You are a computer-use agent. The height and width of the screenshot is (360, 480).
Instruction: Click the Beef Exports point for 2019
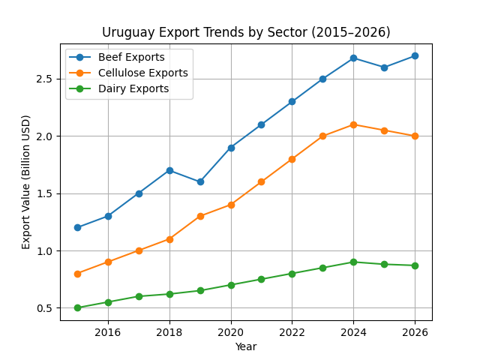(200, 181)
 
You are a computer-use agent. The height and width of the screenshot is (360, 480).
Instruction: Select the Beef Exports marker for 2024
(353, 58)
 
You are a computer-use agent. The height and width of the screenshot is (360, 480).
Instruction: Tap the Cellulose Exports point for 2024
(353, 124)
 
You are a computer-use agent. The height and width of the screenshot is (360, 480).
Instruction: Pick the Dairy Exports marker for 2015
(77, 307)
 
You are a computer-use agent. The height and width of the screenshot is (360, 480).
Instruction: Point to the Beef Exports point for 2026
(415, 55)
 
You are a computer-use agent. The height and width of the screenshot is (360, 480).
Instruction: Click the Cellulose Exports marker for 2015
(77, 274)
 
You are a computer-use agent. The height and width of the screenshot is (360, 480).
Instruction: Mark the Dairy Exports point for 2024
(353, 262)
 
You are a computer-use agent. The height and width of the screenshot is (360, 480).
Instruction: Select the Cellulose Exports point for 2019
(200, 216)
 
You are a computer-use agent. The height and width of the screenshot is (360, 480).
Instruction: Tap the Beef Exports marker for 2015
(77, 227)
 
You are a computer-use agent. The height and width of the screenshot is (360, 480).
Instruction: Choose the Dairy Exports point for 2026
(415, 265)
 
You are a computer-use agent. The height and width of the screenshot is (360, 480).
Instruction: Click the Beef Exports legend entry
(131, 58)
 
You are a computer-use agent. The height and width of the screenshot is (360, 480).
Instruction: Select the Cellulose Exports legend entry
(142, 73)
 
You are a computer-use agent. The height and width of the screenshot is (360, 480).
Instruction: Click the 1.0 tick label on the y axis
(46, 250)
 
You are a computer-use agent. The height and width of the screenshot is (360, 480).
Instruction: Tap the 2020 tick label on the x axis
(231, 332)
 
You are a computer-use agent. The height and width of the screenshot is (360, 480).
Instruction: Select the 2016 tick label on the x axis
(108, 332)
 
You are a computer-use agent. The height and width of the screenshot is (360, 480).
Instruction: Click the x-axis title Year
(246, 346)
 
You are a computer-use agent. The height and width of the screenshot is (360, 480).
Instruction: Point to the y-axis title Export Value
(26, 182)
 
